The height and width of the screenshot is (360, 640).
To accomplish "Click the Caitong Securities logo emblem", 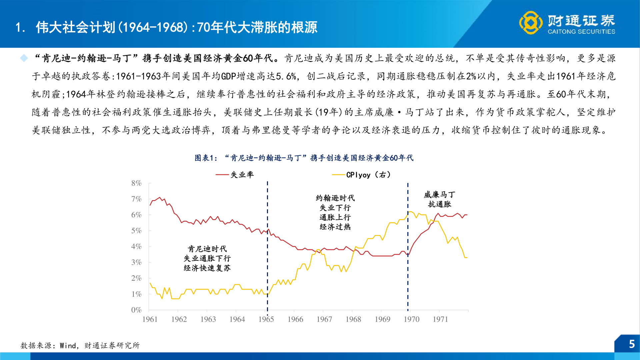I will point(531,23).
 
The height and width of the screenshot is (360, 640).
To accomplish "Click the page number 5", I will point(631,344).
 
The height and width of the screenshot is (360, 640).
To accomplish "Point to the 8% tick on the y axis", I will point(136,183).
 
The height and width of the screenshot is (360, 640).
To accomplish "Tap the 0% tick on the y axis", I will point(136,310).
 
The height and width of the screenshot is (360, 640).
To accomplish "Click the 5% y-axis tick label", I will point(136,231).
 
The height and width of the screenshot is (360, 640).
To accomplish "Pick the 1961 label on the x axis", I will point(150,319).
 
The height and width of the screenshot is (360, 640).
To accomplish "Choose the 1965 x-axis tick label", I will point(266,319).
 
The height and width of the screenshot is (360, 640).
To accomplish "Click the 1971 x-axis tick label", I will point(440,319).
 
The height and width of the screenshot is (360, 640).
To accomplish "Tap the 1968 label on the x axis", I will point(353,319).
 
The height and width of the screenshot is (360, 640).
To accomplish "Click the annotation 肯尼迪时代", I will point(207,249).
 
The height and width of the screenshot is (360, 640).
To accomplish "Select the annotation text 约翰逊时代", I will point(335,198).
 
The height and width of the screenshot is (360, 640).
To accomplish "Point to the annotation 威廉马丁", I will point(439,195).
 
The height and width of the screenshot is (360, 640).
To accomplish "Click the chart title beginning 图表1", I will point(304,158).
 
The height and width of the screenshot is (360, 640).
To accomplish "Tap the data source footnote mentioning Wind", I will point(80,345).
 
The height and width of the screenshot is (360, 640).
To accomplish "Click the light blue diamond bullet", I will point(24,58).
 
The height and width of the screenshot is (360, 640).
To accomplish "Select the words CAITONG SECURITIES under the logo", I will point(581,32).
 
